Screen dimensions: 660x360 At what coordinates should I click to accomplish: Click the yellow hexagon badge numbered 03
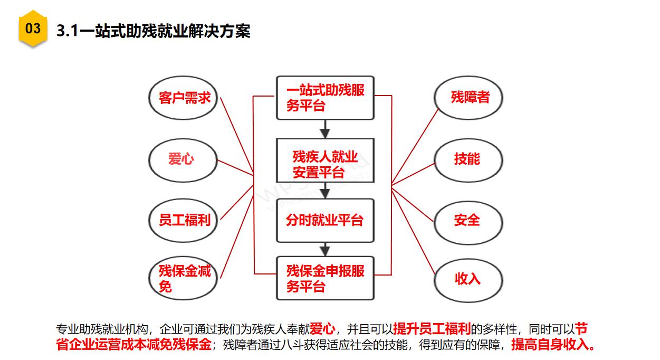(33, 29)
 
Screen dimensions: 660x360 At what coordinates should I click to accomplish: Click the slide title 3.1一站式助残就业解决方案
(154, 31)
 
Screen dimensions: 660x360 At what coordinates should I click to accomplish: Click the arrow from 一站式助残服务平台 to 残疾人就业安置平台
(325, 129)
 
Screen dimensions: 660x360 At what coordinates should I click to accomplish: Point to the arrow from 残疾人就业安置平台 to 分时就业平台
(325, 191)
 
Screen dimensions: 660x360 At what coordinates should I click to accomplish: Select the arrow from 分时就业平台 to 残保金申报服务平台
(325, 250)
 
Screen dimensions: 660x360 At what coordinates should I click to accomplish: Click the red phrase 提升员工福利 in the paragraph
(432, 329)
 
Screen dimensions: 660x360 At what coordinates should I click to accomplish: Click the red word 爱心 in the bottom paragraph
(322, 329)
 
